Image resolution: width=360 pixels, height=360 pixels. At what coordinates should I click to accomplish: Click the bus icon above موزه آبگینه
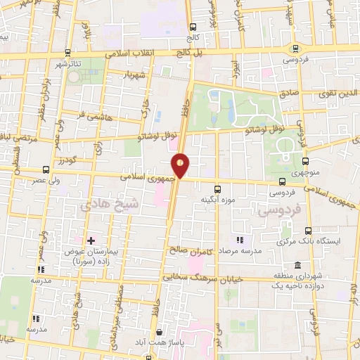click(x=217, y=188)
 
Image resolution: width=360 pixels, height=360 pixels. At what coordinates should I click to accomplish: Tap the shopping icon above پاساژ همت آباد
click(x=160, y=332)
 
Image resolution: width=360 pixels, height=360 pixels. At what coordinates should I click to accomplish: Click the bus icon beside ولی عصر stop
click(x=46, y=169)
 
